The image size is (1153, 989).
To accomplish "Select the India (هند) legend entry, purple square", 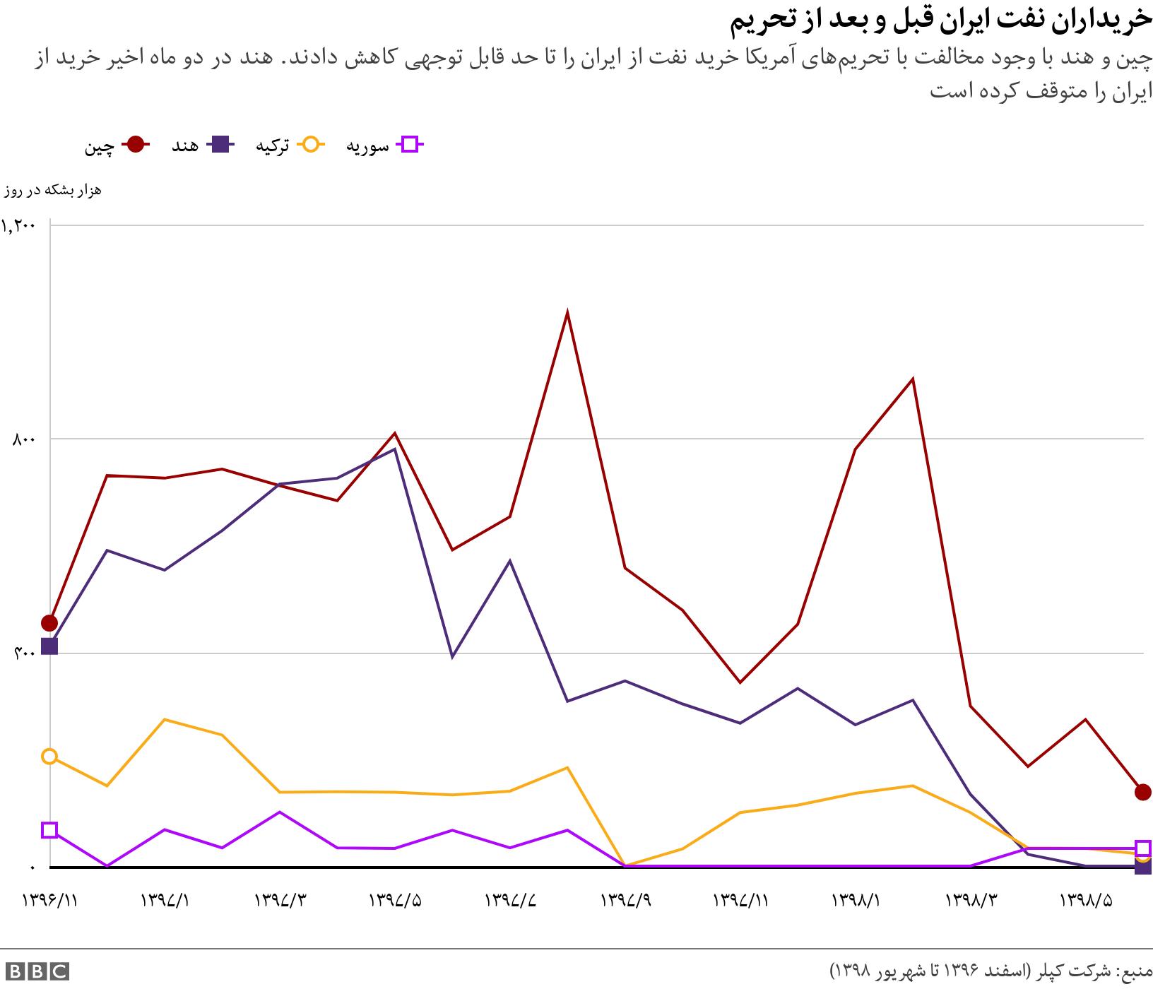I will click(221, 145).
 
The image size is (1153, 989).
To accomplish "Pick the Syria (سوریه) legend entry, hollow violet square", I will click(410, 145).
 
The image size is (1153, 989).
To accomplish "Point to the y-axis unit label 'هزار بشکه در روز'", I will click(54, 190).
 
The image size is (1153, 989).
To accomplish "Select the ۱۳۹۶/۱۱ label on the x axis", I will click(49, 901).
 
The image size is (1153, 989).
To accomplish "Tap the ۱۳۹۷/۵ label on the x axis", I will click(395, 901).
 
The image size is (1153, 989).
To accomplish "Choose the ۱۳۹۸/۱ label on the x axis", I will click(856, 901).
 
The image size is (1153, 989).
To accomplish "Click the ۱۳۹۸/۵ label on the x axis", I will click(1086, 901).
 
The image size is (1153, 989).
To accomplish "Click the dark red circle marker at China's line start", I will click(49, 623).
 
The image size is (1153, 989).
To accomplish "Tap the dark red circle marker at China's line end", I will click(1143, 793).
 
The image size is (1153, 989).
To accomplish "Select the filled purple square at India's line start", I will click(49, 646).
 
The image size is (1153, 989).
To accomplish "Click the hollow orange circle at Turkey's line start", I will click(49, 757).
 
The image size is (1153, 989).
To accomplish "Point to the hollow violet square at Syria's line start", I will click(49, 830).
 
